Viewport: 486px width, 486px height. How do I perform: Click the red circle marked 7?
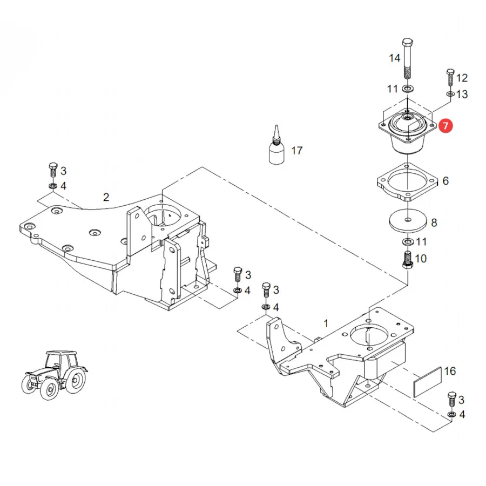click(446, 126)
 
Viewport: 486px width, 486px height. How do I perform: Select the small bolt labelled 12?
click(450, 77)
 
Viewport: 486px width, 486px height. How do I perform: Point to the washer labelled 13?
click(450, 93)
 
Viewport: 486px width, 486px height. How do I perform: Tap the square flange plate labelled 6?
click(407, 182)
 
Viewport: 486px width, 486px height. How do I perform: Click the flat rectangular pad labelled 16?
click(428, 382)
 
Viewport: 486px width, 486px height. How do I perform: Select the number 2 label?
click(106, 197)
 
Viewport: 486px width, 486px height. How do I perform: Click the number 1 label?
click(326, 323)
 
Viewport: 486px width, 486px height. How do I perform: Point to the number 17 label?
click(296, 151)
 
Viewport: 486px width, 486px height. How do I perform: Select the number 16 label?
click(450, 371)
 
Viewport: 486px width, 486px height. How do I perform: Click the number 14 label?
click(395, 58)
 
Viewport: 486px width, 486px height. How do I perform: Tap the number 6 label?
click(446, 181)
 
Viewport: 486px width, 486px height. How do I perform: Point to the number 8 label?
click(434, 222)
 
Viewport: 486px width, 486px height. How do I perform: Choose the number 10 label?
click(421, 259)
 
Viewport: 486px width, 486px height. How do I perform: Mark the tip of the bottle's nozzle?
click(276, 125)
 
